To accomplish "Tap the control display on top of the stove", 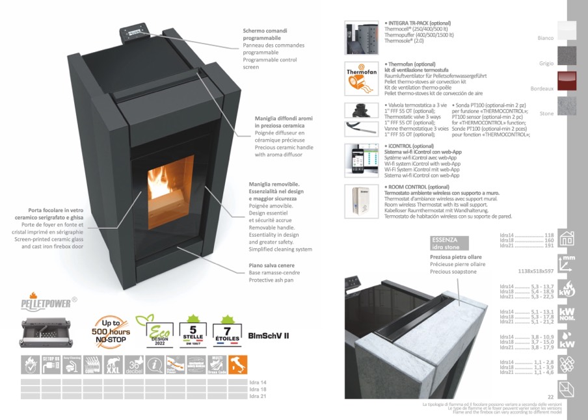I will click(133, 33).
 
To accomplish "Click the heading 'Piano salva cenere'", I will click(271, 265).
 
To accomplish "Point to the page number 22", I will click(550, 397).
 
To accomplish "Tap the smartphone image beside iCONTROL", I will click(356, 160).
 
